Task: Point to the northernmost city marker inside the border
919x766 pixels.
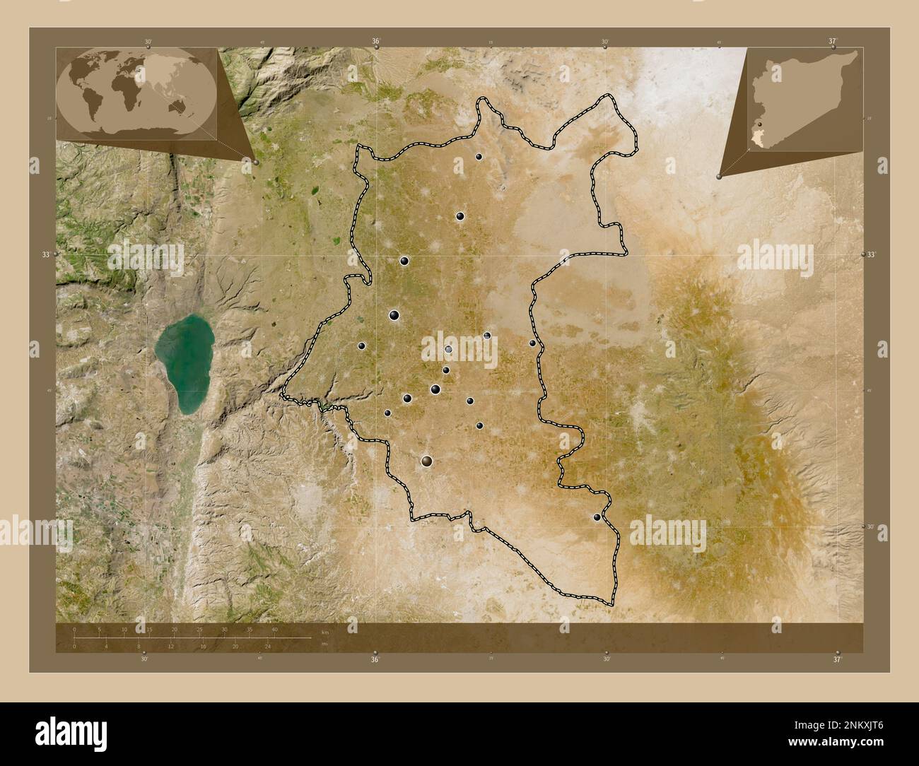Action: pyautogui.click(x=479, y=157)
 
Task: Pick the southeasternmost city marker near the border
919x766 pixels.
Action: pyautogui.click(x=597, y=518)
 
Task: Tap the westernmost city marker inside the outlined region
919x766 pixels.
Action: pyautogui.click(x=361, y=346)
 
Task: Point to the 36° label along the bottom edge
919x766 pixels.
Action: pyautogui.click(x=375, y=659)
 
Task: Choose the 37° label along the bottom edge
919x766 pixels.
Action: pyautogui.click(x=837, y=659)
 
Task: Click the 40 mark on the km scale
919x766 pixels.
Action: pyautogui.click(x=274, y=629)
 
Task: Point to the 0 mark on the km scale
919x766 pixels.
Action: pyautogui.click(x=74, y=629)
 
